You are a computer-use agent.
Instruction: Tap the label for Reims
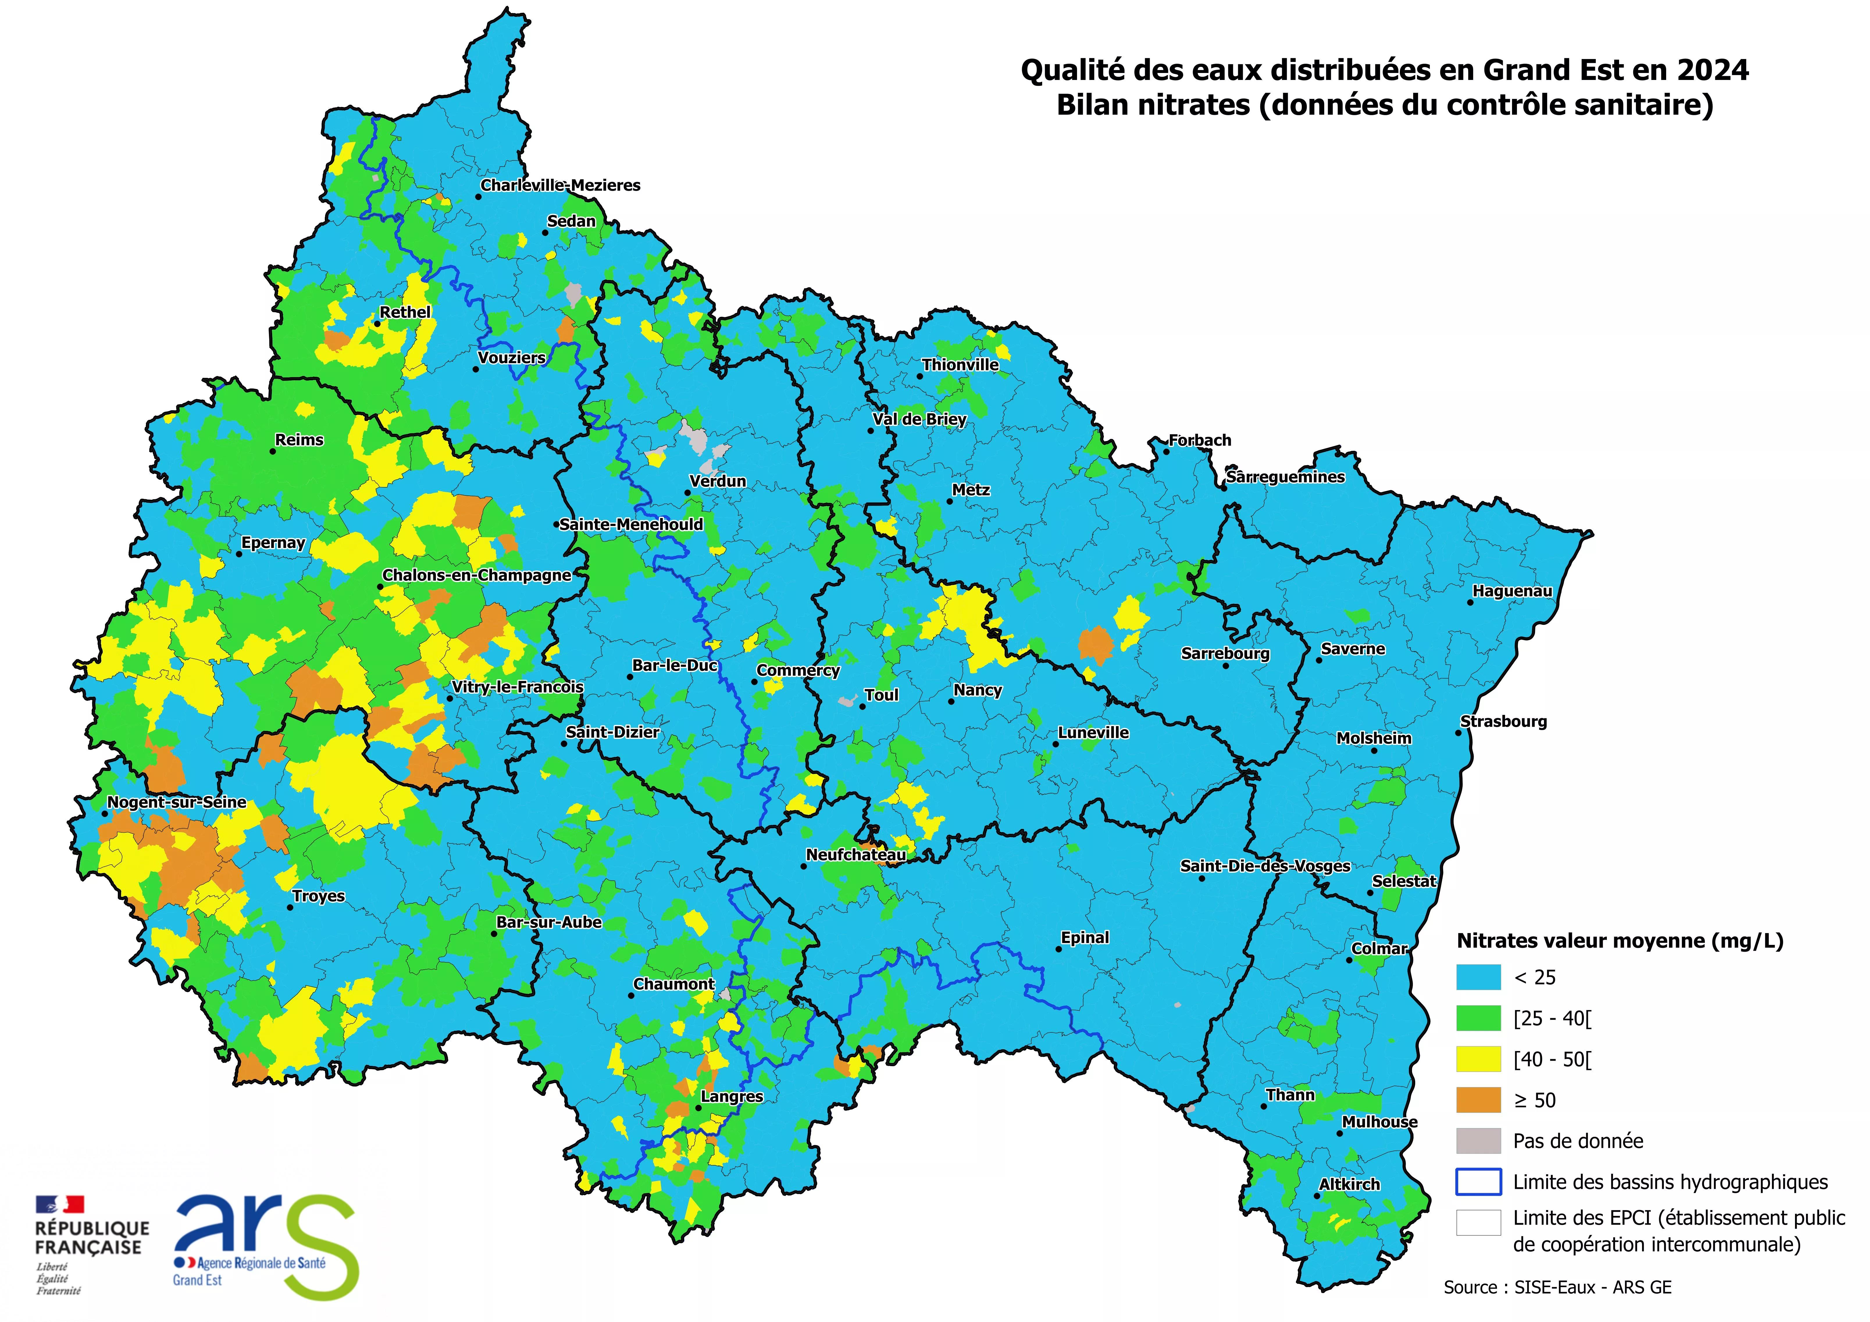[x=299, y=440]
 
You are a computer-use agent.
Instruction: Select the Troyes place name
[x=318, y=896]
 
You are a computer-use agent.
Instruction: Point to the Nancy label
[x=977, y=690]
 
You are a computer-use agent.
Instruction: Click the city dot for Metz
[x=950, y=501]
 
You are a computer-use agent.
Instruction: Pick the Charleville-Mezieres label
[x=560, y=185]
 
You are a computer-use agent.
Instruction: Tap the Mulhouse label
[x=1379, y=1122]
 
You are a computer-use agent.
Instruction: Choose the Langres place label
[x=731, y=1096]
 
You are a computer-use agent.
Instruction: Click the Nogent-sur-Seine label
[x=177, y=802]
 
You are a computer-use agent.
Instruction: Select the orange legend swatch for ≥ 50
[x=1478, y=1100]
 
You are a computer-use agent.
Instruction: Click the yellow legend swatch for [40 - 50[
[x=1478, y=1059]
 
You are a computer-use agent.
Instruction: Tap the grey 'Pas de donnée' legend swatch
[x=1478, y=1140]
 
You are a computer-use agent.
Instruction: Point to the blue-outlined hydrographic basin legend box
[x=1478, y=1182]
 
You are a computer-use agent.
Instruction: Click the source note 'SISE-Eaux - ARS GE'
[x=1592, y=1287]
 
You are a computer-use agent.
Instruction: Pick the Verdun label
[x=718, y=481]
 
